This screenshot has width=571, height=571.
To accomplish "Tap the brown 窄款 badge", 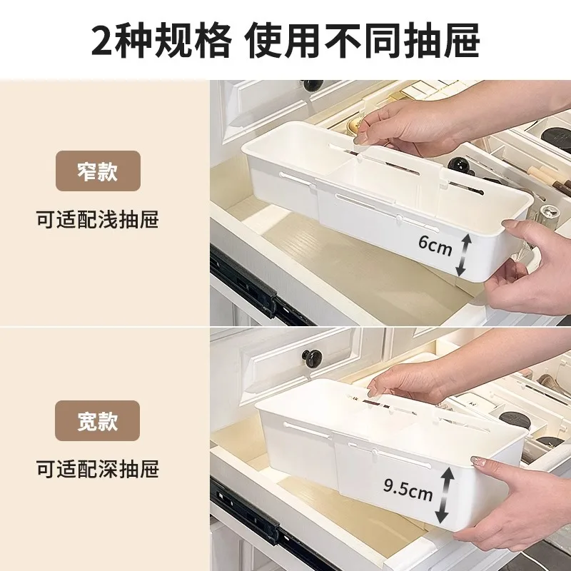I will (98, 171).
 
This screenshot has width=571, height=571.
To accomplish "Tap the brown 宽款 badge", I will (98, 420).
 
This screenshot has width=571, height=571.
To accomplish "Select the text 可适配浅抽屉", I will (98, 219).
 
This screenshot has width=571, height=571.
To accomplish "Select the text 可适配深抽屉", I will (98, 469).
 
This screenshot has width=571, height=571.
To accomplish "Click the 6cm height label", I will (435, 246).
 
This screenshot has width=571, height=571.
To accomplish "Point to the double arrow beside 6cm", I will (464, 254).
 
